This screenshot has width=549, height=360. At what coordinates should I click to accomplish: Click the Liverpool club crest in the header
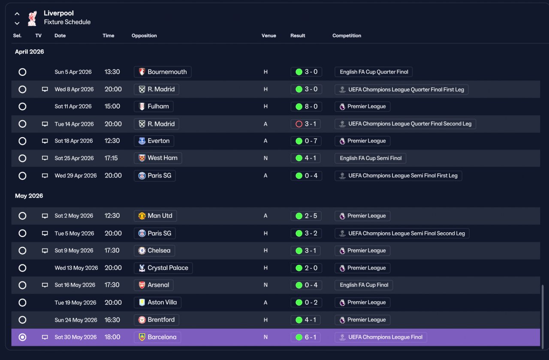(32, 18)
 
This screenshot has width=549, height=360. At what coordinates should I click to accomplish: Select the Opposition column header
(144, 36)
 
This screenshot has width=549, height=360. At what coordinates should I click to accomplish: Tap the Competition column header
(347, 36)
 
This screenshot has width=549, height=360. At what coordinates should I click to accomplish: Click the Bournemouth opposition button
(163, 72)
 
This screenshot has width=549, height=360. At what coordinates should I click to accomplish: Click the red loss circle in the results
(299, 124)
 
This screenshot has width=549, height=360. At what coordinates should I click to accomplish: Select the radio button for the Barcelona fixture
(22, 337)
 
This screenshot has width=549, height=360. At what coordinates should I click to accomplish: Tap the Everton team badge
(142, 141)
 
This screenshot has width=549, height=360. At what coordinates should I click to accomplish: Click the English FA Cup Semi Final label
(370, 158)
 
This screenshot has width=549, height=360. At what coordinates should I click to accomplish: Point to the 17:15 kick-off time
(111, 158)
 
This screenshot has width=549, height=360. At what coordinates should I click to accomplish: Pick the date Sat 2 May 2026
(74, 216)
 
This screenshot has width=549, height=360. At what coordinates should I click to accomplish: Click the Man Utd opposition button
(155, 216)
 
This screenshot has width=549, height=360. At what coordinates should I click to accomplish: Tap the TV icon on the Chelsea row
(45, 251)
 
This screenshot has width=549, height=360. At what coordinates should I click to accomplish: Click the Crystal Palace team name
(168, 268)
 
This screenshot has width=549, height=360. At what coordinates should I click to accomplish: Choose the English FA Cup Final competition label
(364, 285)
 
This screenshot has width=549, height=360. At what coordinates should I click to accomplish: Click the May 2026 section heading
(29, 196)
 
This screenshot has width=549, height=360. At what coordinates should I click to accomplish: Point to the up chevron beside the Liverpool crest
(17, 14)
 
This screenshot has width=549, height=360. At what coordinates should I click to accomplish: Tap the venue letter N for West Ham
(265, 158)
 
